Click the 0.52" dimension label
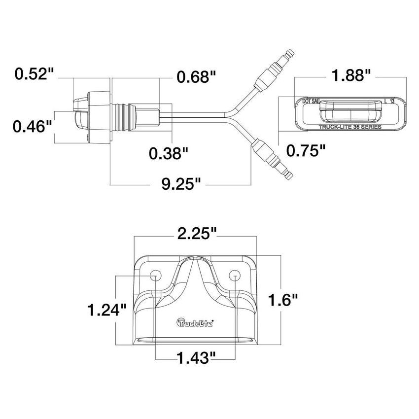pos(34,74)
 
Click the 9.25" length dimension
pos(180,185)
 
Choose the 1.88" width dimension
pos(351,75)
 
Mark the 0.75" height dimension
pos(306,150)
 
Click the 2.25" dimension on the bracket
pos(197,234)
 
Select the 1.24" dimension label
pos(107,310)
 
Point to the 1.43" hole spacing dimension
pos(197,355)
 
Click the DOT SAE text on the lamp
pos(311,102)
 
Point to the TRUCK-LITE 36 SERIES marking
pos(349,127)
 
